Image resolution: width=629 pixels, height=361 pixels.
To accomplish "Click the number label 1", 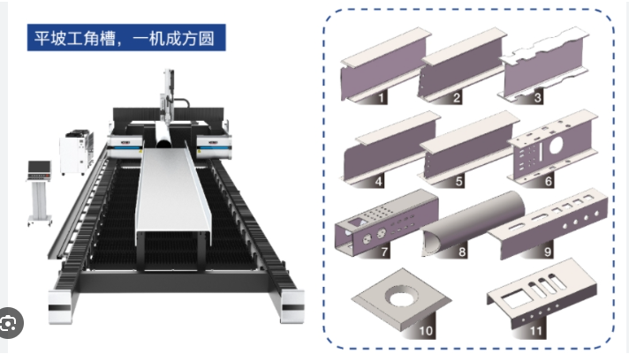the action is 381,97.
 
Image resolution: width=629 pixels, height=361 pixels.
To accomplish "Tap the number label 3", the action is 537,97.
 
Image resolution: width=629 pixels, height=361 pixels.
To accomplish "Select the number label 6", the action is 549,181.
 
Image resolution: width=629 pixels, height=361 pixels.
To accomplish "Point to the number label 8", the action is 462,252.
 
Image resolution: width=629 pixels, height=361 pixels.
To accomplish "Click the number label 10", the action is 426,331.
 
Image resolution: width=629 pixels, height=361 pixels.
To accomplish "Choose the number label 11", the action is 536,331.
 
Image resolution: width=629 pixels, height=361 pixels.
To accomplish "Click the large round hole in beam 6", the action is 556,146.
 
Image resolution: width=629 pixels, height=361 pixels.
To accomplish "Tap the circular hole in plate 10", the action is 402,297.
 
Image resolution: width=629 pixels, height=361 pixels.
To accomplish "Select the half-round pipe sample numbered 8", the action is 474,223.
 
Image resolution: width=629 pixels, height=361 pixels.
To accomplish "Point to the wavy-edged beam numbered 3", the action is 543,65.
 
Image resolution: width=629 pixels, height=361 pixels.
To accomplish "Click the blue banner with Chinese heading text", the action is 126,38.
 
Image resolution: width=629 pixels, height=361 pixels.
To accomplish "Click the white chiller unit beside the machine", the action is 77,152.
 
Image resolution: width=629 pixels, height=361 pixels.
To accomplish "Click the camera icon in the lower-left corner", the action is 9,323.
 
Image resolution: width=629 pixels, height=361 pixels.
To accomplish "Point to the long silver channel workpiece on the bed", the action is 173,193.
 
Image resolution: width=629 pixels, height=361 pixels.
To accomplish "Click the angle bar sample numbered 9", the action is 548,223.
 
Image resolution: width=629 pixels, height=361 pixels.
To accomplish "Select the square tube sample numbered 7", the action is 386,223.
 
